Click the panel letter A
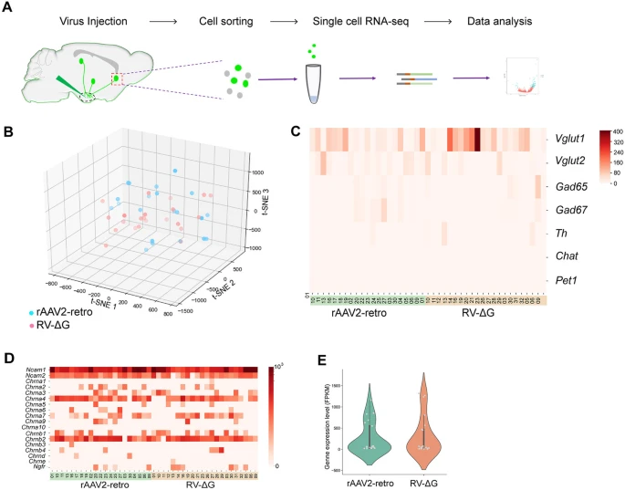point(8,9)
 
